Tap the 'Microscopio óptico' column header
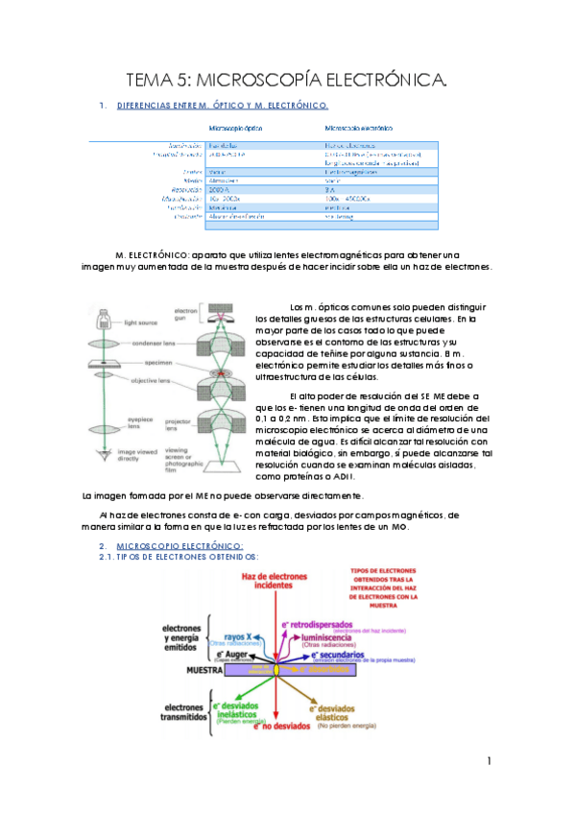(235, 127)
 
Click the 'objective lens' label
(153, 380)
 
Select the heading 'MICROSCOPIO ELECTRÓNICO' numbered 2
(174, 545)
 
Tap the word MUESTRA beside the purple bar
(205, 669)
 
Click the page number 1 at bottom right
(489, 762)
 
